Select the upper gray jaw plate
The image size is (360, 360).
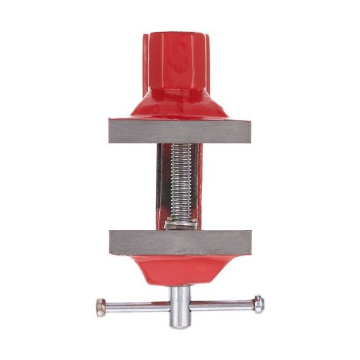click(180, 131)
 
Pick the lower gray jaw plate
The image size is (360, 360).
click(180, 243)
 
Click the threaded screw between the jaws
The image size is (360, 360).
click(180, 183)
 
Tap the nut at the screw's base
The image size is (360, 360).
click(181, 223)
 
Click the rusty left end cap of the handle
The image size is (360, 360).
click(101, 308)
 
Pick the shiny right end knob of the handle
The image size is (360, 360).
click(258, 303)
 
